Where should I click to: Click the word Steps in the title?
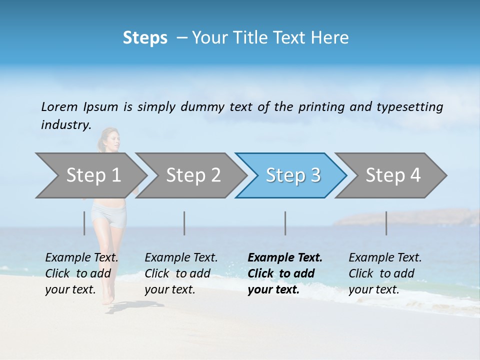145,38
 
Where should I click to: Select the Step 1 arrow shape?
90,175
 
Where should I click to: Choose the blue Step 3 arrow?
292,175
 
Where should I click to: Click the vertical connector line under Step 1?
84,223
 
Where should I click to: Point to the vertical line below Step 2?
184,223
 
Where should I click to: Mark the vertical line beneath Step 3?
285,223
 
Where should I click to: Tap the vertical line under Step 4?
386,223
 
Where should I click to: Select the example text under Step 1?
81,273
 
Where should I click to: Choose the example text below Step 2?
180,273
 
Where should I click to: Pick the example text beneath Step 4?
384,273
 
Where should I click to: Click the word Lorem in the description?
59,106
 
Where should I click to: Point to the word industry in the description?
65,124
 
